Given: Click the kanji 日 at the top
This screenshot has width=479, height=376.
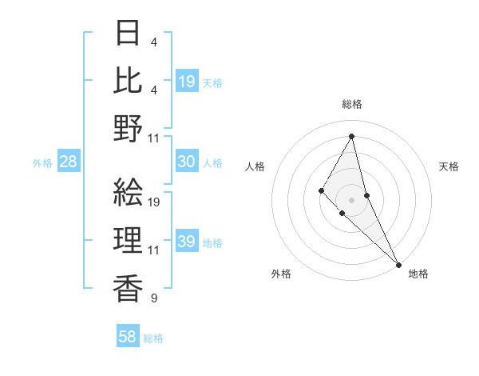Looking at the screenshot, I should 129,34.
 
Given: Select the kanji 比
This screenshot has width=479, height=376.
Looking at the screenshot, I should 129,82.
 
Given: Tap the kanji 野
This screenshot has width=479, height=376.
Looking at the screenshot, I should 129,129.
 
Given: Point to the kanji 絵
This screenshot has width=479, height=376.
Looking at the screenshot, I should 129,192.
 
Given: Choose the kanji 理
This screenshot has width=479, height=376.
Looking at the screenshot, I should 129,239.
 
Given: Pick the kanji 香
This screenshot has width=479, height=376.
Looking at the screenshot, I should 129,286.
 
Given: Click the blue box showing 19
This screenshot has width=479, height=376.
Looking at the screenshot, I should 187,82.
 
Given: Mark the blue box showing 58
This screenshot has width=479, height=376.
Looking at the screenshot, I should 128,338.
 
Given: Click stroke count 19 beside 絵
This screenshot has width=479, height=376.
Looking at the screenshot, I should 155,202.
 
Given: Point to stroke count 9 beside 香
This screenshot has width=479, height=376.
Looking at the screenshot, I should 153,298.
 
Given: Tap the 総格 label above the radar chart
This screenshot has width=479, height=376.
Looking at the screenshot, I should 352,105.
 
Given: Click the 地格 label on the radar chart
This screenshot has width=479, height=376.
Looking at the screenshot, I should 419,274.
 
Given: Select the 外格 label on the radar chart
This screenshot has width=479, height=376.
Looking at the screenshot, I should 282,274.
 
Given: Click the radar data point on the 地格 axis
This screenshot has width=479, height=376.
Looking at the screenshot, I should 398,263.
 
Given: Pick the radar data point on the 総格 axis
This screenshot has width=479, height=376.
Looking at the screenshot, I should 352,135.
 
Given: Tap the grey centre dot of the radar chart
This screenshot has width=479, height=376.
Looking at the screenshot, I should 352,199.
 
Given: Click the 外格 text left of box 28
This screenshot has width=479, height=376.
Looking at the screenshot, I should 42,163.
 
